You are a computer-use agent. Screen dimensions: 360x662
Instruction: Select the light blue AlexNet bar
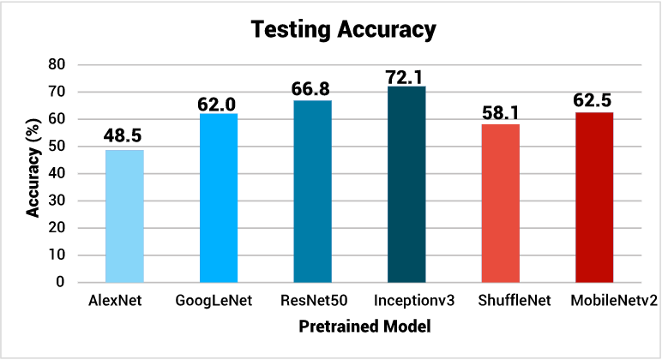click(124, 216)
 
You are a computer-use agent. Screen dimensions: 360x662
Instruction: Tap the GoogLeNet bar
click(219, 198)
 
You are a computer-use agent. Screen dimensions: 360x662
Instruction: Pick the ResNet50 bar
click(312, 191)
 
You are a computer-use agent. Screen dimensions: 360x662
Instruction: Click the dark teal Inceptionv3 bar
click(406, 184)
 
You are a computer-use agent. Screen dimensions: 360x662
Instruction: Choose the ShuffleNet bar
click(500, 203)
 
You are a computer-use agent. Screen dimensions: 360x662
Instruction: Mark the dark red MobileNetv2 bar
click(594, 197)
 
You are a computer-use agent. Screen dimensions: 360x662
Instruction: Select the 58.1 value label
click(500, 111)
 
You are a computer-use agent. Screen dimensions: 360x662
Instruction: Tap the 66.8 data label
click(312, 87)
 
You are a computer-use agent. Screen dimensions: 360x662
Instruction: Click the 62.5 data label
click(594, 99)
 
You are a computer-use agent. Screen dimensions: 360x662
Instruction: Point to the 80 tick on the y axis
click(57, 64)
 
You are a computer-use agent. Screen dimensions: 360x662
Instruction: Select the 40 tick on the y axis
click(57, 173)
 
